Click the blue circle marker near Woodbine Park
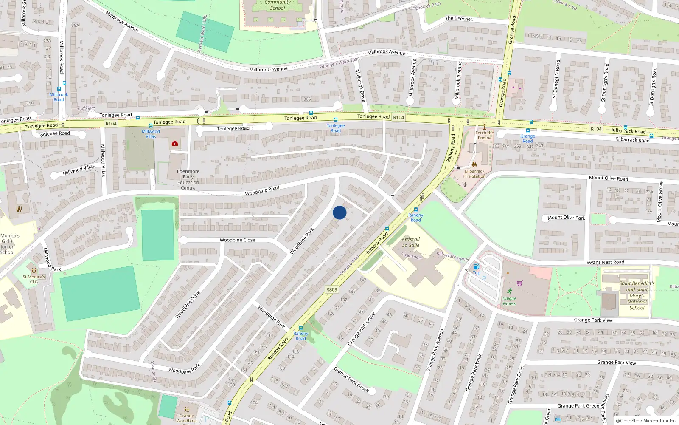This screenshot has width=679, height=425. (339, 212)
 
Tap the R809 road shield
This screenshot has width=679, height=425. (332, 289)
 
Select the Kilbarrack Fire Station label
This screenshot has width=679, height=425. (474, 173)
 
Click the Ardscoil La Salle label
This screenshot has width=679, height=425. (411, 242)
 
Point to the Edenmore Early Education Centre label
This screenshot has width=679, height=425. (188, 180)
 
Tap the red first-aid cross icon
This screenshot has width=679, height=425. (175, 144)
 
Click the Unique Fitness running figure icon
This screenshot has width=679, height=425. (510, 291)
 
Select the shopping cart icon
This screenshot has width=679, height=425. (520, 283)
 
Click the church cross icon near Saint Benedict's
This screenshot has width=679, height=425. (609, 300)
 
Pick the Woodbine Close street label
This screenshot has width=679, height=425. (237, 240)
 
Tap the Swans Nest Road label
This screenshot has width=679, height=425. (605, 262)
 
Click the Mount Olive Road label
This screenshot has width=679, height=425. (608, 178)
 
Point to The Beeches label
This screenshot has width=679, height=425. (459, 19)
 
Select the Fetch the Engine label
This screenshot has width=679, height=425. (485, 135)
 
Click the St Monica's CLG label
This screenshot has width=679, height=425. (34, 279)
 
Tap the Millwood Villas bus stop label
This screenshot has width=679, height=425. (151, 134)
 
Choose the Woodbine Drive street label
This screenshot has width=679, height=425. (188, 305)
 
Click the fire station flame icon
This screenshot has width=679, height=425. (474, 164)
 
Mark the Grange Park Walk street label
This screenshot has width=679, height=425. (474, 372)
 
